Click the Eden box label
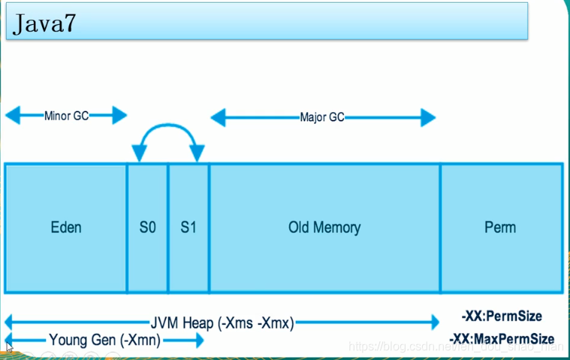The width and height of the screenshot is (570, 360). [x=66, y=227]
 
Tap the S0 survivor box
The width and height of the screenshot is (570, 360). [x=148, y=227]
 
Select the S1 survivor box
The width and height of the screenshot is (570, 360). [x=188, y=227]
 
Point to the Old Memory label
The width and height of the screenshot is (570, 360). [x=324, y=227]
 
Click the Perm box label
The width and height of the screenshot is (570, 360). [x=501, y=227]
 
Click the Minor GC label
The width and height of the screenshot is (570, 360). [x=66, y=116]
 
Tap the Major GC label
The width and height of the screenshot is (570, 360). [x=322, y=117]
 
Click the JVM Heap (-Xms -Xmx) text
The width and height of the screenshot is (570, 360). [x=223, y=323]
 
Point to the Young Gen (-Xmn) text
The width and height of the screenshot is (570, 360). [x=104, y=340]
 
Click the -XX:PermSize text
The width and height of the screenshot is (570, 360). [x=502, y=316]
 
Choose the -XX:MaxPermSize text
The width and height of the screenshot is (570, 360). [x=502, y=339]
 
